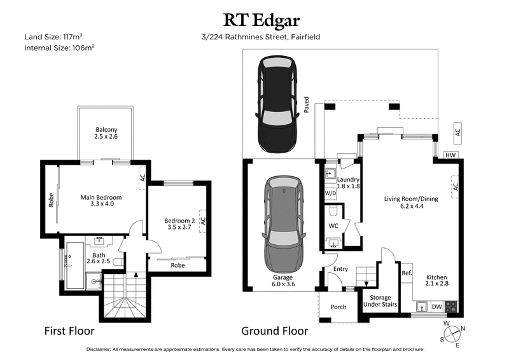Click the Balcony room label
[x=106, y=132]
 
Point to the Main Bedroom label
[x=101, y=201]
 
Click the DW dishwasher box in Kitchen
[x=437, y=307]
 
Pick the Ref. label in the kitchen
[x=407, y=273]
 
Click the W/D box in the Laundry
[x=330, y=193]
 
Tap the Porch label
[x=338, y=307]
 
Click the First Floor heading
[x=69, y=331]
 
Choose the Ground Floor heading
[x=274, y=331]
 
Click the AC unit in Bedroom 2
[x=203, y=221]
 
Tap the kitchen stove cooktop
[x=452, y=307]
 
